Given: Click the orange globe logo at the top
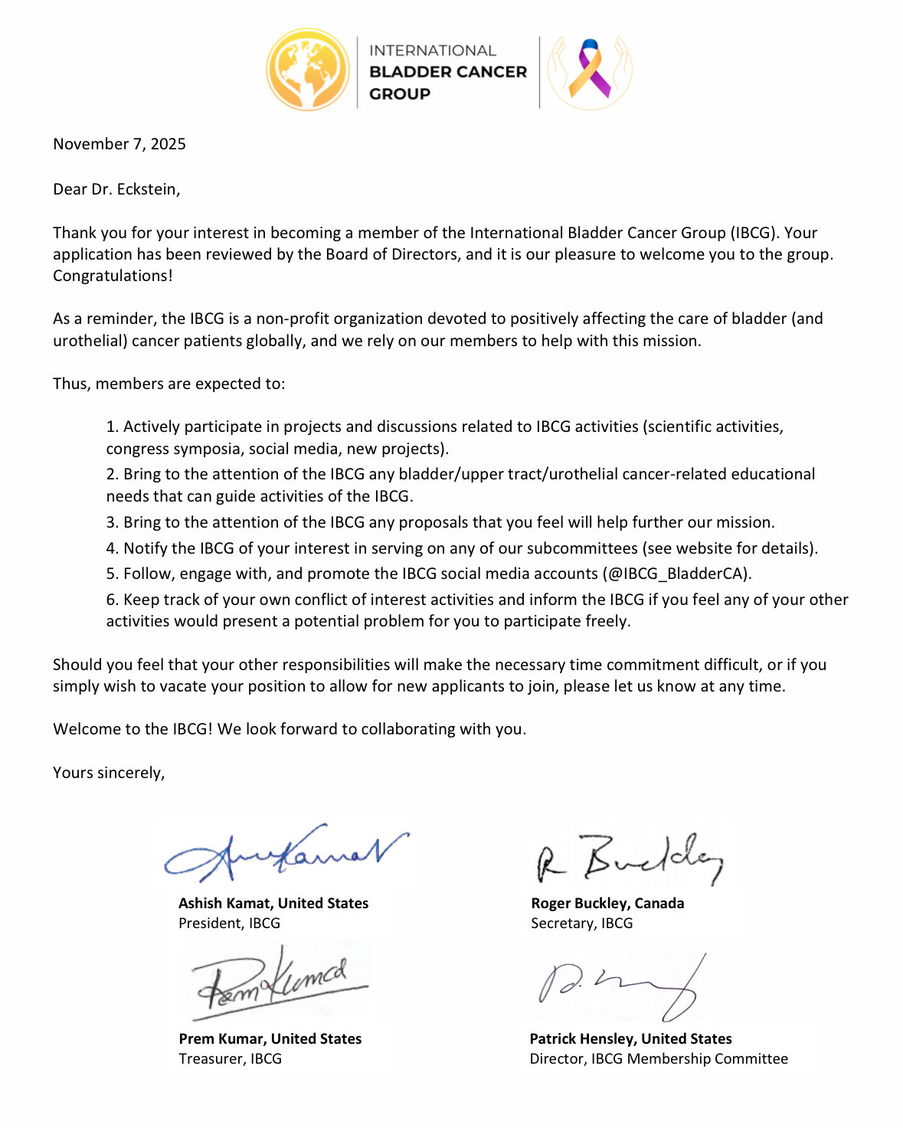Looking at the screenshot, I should coord(308,70).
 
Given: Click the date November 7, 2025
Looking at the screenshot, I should coord(119,144).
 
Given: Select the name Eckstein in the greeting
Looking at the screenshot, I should coord(148,189).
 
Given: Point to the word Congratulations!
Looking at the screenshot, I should coord(113,276).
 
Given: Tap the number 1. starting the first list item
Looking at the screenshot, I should coord(113,427).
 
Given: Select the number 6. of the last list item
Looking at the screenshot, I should coord(113,600).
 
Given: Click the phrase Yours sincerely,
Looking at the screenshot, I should coord(109,773).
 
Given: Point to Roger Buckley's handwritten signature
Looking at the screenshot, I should coord(628,859).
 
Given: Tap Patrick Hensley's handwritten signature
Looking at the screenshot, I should coord(620,988).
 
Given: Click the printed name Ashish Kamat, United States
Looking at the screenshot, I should coord(273,904).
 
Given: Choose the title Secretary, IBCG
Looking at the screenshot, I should coord(582,924).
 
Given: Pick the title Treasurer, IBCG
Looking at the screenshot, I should coord(230,1059).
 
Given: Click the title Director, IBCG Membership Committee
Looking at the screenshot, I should coord(659,1059).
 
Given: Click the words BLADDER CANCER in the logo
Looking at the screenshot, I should coord(448,72).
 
